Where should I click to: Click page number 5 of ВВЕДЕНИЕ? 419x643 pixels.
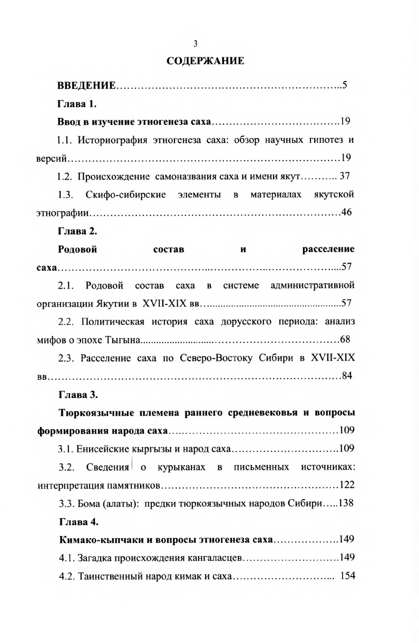point(344,86)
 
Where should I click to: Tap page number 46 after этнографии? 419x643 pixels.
point(346,213)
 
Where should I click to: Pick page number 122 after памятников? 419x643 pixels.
point(347,485)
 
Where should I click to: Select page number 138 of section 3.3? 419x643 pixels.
point(346,503)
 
